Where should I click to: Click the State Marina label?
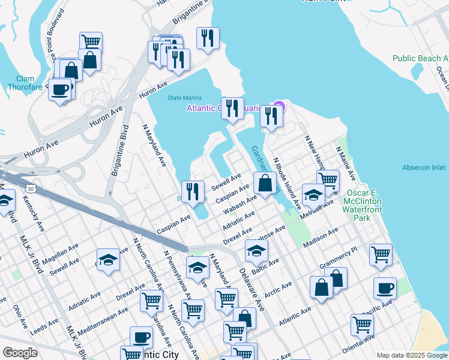tap(183, 98)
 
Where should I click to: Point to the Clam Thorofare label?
tap(25, 83)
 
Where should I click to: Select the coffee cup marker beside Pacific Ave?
tap(385, 287)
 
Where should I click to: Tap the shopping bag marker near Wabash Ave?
tap(265, 182)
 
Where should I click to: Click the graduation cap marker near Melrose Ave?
tap(314, 194)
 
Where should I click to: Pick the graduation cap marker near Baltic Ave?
tap(256, 250)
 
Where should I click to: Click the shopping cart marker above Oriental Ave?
tap(363, 325)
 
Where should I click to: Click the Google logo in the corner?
tap(20, 353)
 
